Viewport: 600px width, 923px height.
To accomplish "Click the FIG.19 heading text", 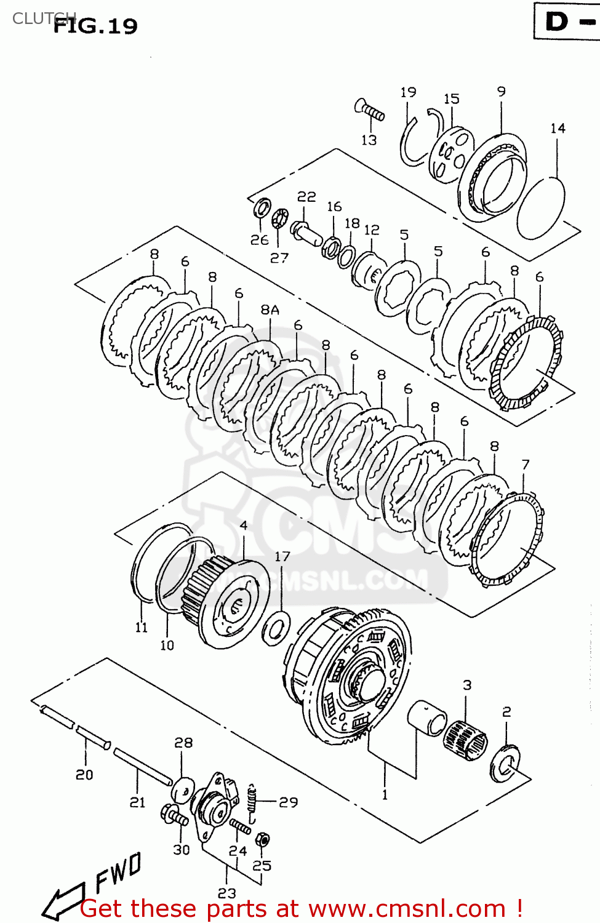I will point(95,26).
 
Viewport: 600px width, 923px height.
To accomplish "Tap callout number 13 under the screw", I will point(369,140).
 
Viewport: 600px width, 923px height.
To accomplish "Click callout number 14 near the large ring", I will point(558,128).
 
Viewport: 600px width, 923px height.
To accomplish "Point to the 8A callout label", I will point(270,310).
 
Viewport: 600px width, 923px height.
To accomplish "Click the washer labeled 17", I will point(276,629).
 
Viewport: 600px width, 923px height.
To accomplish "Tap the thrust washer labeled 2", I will point(505,764).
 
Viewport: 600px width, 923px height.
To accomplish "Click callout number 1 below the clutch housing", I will point(385,794).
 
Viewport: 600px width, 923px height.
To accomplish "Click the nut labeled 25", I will point(263,839).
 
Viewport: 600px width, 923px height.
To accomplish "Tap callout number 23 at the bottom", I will point(226,892).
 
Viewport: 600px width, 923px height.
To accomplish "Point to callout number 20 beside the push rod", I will point(84,775).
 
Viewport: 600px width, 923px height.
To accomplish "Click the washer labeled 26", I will point(262,208).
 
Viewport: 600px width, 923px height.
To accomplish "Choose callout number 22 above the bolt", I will point(306,197).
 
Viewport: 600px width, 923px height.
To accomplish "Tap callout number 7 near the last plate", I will point(525,465).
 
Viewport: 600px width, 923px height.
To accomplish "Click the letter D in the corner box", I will point(557,22).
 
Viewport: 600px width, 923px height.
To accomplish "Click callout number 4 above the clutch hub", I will point(244,525).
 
